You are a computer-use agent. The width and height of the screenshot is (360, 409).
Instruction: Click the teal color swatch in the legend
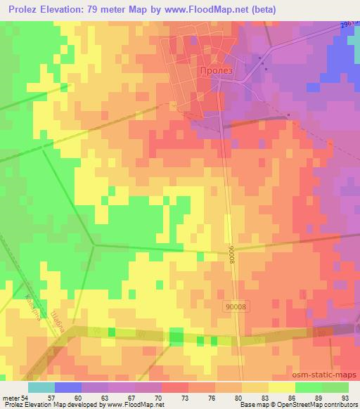[41, 387]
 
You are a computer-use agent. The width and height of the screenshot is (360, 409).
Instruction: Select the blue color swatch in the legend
[68, 387]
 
